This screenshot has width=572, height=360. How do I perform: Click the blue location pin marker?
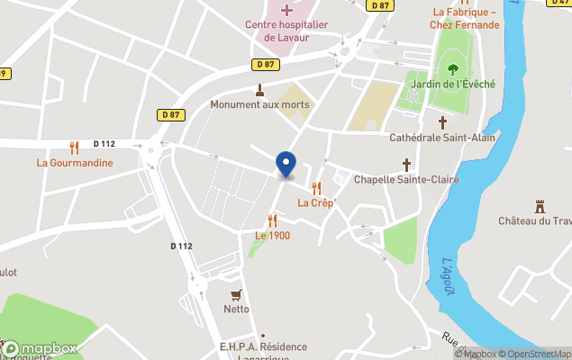[x=286, y=165]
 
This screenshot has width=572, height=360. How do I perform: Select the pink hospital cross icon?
[x=286, y=10]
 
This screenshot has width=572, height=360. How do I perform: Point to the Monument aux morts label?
[x=259, y=105]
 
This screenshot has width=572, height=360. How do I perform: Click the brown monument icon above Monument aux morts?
[x=259, y=90]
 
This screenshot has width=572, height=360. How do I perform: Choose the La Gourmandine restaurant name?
[x=75, y=163]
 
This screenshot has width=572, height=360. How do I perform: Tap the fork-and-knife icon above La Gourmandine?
[x=74, y=147]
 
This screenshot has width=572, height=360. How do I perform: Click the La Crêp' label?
[x=316, y=202]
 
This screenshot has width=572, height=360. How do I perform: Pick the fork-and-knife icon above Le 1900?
[x=272, y=220]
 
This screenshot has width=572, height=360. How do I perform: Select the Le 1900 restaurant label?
[x=272, y=236]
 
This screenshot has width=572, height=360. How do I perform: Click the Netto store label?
[x=236, y=310]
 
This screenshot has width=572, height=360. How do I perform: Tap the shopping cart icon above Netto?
[x=236, y=294]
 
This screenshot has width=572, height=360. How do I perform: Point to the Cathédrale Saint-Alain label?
[x=442, y=139]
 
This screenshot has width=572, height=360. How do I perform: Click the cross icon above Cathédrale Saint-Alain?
[x=442, y=122]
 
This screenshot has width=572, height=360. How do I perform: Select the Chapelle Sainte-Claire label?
[x=406, y=180]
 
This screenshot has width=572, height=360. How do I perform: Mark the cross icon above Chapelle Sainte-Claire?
[x=406, y=165]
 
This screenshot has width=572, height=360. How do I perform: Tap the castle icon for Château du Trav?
[x=540, y=206]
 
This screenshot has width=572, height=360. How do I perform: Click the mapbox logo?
[x=40, y=348]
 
